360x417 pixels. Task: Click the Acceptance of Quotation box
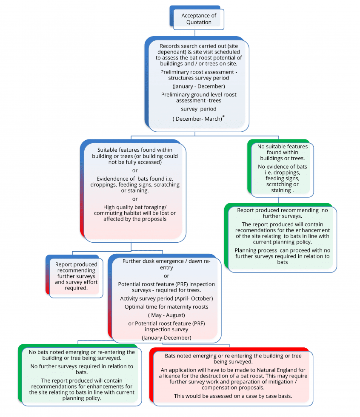tap(199, 19)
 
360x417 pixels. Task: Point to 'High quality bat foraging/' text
tap(135, 207)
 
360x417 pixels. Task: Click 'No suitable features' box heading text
tap(282, 147)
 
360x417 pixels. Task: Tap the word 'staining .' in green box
tap(281, 190)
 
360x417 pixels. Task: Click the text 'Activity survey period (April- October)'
tap(166, 298)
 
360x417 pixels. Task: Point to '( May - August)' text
tap(166, 315)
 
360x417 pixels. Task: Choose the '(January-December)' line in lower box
tap(166, 338)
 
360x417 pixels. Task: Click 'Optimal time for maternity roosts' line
tap(166, 306)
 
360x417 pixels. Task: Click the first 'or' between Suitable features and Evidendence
tap(135, 170)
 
